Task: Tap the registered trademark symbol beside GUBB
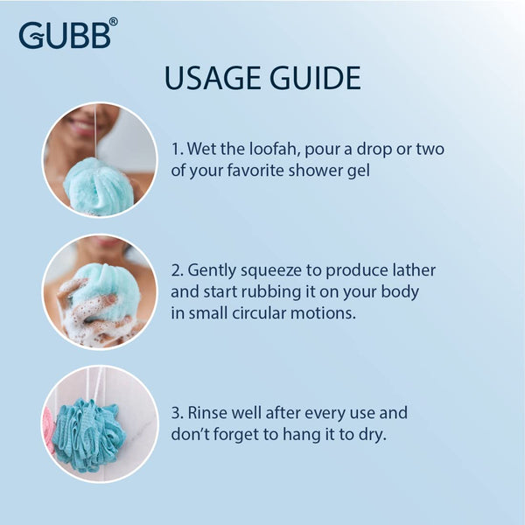pos(113,23)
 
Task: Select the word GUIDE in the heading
pos(315,78)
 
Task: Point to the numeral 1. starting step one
pos(177,148)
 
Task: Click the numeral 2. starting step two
pos(178,270)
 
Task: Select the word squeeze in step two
pos(267,270)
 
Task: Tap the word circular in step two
pos(264,312)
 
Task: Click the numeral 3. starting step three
pos(178,412)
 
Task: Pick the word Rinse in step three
pos(210,412)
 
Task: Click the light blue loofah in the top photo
pos(98,186)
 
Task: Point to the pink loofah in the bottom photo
pos(49,429)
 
